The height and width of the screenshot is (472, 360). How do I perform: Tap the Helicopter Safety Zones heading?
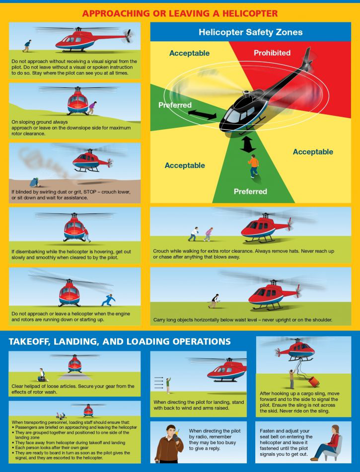click(250, 32)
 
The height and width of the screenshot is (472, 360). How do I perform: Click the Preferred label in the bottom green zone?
click(250, 191)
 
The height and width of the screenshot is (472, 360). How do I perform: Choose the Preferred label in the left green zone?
click(175, 105)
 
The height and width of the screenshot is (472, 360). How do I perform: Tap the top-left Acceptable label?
click(189, 53)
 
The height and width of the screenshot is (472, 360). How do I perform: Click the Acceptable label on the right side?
click(312, 152)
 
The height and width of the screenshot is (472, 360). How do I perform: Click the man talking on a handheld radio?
click(169, 442)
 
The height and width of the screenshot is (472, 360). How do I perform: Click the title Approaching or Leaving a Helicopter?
click(180, 13)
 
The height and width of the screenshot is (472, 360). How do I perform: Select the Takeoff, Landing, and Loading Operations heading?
click(120, 341)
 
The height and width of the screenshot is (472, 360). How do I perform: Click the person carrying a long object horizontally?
click(215, 300)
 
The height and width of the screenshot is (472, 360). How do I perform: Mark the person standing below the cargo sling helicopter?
click(291, 378)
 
